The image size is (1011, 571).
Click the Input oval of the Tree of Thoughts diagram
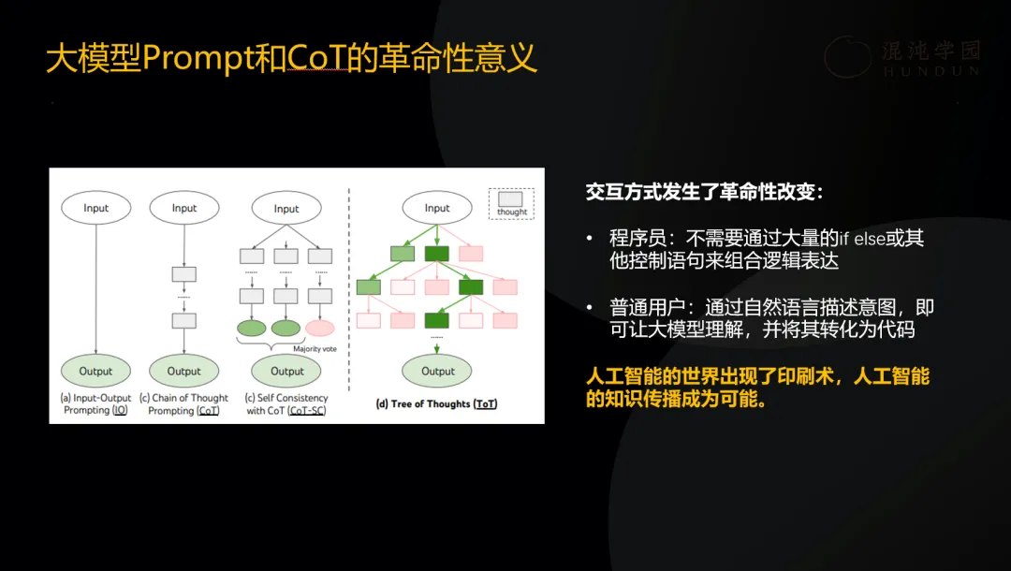[x=437, y=208]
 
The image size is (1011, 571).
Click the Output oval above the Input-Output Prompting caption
[x=95, y=371]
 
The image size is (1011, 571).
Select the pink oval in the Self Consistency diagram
[x=320, y=328]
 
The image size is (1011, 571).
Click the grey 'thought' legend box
[x=511, y=199]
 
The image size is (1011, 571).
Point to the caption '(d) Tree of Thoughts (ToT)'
[x=437, y=403]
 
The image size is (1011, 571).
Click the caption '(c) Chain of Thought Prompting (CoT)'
[x=183, y=404]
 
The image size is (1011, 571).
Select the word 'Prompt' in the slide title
[x=198, y=59]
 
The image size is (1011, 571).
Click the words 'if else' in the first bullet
[x=859, y=239]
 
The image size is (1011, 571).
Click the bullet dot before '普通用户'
[x=590, y=308]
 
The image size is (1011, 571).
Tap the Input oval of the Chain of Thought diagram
[x=184, y=208]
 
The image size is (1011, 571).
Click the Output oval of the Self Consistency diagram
[x=287, y=371]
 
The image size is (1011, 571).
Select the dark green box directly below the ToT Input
[x=437, y=253]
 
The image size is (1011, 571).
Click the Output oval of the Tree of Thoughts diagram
[x=437, y=371]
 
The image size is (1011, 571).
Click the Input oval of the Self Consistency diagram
[x=286, y=208]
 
